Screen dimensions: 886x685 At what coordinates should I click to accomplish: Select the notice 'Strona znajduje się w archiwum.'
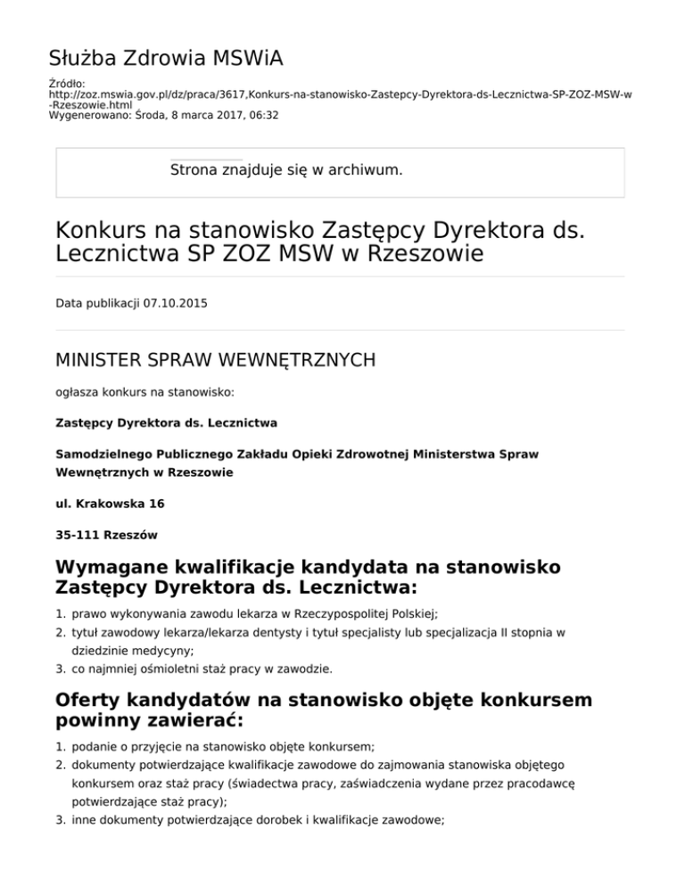tap(285, 168)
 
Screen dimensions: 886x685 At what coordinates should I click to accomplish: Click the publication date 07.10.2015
tap(170, 303)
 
